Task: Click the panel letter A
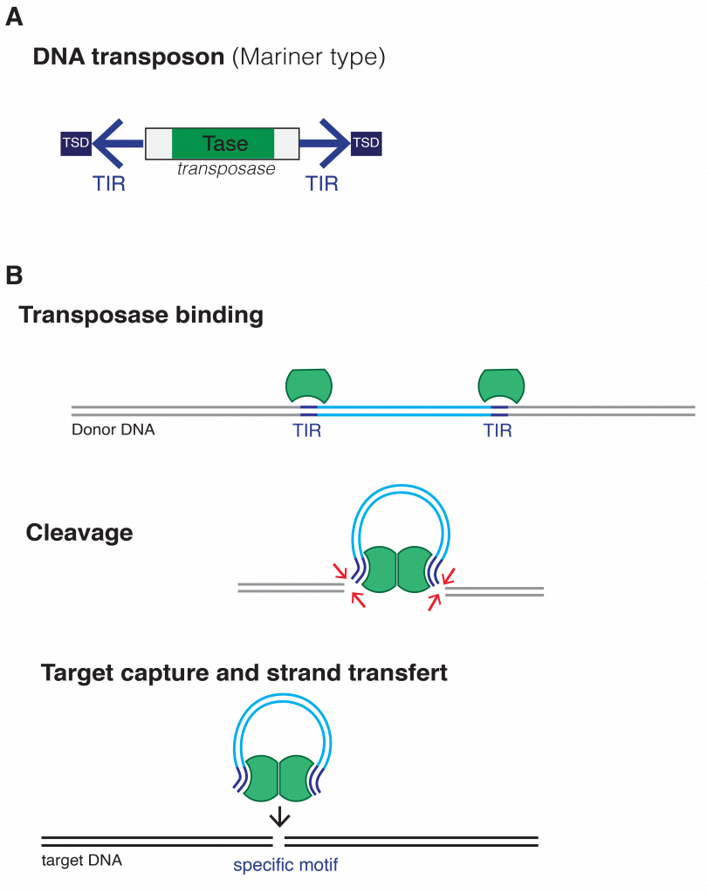tap(13, 17)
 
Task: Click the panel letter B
tap(13, 276)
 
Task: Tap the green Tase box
tap(223, 144)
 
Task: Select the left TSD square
tap(76, 143)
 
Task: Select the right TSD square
tap(366, 143)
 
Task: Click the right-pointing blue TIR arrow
tap(328, 143)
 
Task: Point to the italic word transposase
tap(226, 169)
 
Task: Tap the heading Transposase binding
tap(141, 315)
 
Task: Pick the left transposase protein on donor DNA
tap(309, 385)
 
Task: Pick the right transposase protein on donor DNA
tap(501, 385)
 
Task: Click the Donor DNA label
tap(113, 430)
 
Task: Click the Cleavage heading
tap(79, 533)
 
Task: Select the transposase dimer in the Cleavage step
tap(397, 571)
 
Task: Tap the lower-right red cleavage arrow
tap(434, 602)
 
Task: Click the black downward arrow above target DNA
tap(279, 816)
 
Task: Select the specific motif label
tap(285, 866)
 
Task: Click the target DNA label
tap(82, 861)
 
